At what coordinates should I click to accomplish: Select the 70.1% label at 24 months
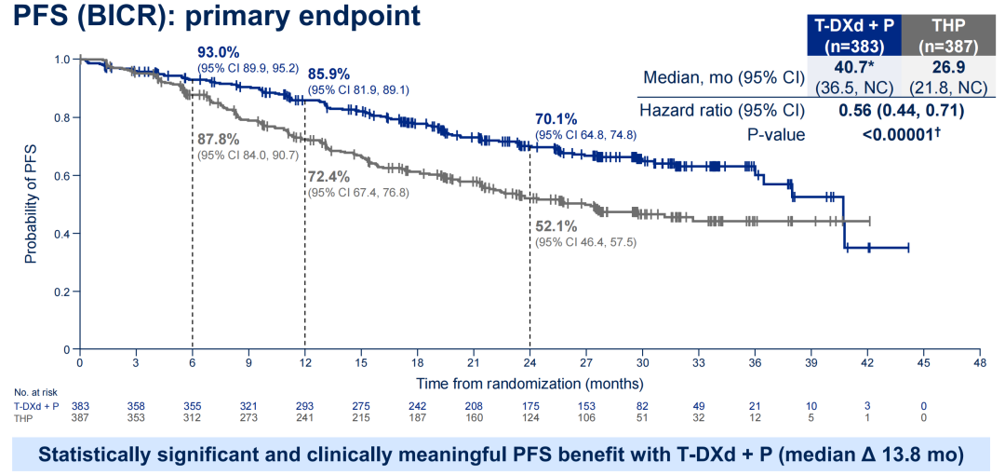pos(556,119)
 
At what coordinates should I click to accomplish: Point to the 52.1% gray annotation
pos(556,226)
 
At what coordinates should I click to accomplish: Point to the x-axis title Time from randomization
pos(529,383)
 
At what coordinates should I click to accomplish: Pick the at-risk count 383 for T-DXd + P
pos(81,406)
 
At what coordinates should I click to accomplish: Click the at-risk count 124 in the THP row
pos(529,417)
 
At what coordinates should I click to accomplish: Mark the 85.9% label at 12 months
pos(328,75)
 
